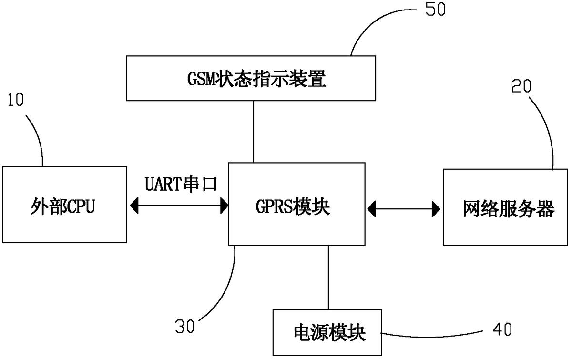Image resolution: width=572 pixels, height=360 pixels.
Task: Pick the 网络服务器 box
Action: click(x=506, y=207)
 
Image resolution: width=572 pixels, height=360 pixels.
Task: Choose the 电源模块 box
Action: click(x=328, y=332)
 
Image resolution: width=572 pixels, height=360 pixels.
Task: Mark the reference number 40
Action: click(x=500, y=329)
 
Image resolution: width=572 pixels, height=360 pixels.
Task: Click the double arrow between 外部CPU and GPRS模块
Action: click(x=179, y=206)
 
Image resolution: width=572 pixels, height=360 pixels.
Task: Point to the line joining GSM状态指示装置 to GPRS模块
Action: click(x=254, y=132)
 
